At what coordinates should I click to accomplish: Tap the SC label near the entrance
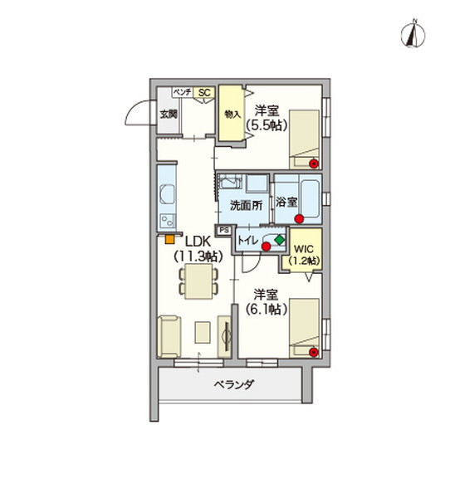click(x=203, y=93)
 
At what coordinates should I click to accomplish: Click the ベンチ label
click(x=183, y=93)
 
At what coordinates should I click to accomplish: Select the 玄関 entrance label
click(x=169, y=115)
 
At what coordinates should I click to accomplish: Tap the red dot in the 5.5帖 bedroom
click(x=314, y=162)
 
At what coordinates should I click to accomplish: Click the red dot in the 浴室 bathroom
click(x=296, y=219)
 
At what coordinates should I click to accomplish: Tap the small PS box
click(x=223, y=231)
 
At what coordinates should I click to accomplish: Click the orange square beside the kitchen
click(x=169, y=241)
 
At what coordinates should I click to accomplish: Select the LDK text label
click(x=198, y=242)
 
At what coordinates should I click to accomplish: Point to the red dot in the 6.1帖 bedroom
click(x=314, y=352)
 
